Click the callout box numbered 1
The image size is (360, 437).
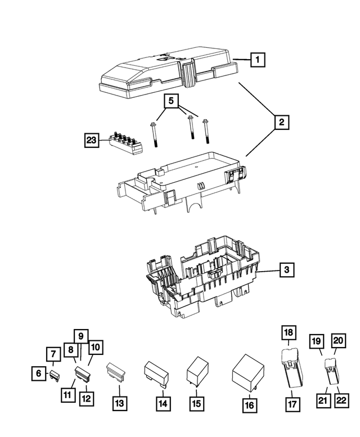coord(256,59)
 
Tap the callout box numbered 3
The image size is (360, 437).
coord(286,271)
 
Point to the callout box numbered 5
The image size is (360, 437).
coord(172,102)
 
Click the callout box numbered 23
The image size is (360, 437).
coord(92,140)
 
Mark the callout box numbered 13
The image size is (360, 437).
coord(120,403)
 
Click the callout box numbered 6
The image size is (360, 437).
coord(39,373)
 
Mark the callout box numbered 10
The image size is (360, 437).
coord(96,348)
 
